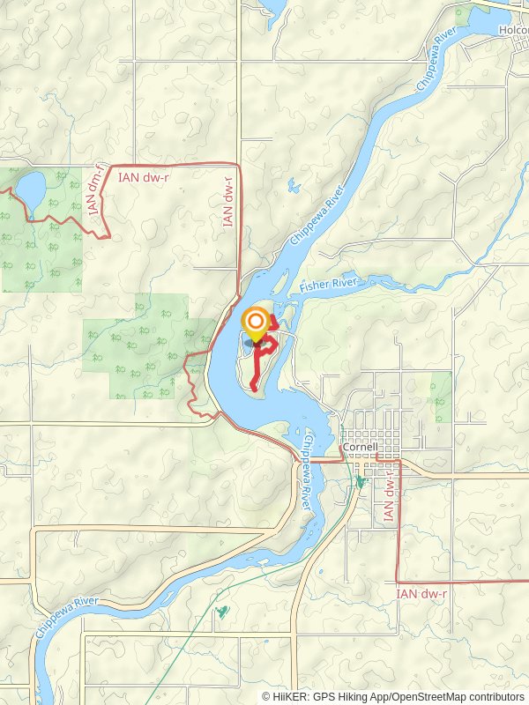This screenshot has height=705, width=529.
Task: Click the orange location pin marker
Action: click(257, 323)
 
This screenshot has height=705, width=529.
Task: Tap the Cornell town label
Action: click(360, 447)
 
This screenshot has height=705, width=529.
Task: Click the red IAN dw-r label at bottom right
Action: click(421, 595)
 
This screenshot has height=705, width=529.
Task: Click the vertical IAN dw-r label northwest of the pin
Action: click(228, 203)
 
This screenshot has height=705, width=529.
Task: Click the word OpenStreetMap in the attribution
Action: click(428, 696)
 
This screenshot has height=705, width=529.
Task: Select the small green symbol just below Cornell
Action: click(360, 481)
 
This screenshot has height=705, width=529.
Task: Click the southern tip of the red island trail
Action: click(253, 388)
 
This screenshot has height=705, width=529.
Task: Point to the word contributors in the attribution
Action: click(495, 696)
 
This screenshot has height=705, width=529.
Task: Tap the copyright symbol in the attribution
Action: click(267, 696)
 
